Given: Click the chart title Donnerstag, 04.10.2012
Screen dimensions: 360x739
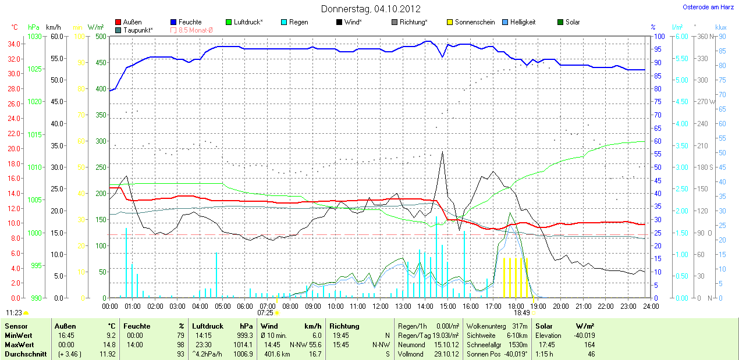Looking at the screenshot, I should (x=371, y=9).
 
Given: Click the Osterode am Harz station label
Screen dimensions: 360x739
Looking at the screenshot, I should (x=708, y=8).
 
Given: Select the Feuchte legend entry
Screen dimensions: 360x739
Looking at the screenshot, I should (x=190, y=22).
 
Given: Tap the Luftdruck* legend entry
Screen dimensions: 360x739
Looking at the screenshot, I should (x=248, y=22).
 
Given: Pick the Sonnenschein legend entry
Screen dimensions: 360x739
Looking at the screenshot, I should (x=474, y=22).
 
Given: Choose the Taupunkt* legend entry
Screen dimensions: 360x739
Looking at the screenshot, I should (x=138, y=30).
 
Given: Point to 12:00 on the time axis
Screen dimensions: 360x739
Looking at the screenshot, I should (x=381, y=306).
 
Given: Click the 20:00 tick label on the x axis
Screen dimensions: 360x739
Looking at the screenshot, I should (x=561, y=306).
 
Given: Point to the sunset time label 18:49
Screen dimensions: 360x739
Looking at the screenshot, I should (x=522, y=313).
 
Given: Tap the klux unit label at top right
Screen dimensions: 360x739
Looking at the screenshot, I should (x=720, y=27).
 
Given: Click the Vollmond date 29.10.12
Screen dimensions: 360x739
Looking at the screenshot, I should (x=446, y=354).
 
